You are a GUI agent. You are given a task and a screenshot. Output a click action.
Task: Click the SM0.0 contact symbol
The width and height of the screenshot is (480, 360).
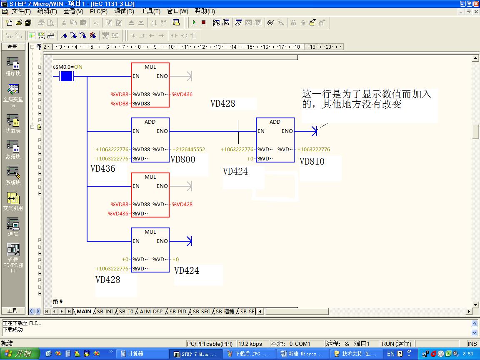[67, 76]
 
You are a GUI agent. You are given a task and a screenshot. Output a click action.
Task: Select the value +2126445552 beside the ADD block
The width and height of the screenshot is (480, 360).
[188, 150]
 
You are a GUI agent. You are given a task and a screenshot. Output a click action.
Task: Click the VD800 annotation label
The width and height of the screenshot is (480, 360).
[183, 159]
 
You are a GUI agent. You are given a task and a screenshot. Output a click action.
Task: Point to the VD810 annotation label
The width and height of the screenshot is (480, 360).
[312, 161]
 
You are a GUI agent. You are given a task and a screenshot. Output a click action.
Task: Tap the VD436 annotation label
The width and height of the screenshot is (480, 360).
[102, 169]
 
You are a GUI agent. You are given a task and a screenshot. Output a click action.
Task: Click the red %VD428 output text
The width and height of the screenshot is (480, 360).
[182, 205]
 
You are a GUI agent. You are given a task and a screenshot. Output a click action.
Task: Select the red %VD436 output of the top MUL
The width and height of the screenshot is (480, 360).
[182, 95]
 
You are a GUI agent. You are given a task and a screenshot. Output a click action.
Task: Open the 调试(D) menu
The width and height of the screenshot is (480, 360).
[124, 12]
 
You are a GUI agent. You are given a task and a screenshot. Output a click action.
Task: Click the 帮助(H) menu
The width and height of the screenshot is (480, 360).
[205, 12]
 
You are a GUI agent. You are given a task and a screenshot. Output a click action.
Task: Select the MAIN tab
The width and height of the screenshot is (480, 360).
[84, 312]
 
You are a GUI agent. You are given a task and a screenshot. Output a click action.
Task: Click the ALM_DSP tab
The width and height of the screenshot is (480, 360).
[151, 312]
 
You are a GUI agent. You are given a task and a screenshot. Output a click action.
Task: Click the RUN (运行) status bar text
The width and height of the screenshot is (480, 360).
[396, 344]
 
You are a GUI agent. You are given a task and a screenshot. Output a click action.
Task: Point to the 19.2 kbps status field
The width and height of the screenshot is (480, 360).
[250, 344]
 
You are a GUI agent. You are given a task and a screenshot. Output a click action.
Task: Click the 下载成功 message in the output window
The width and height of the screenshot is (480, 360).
[13, 330]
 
